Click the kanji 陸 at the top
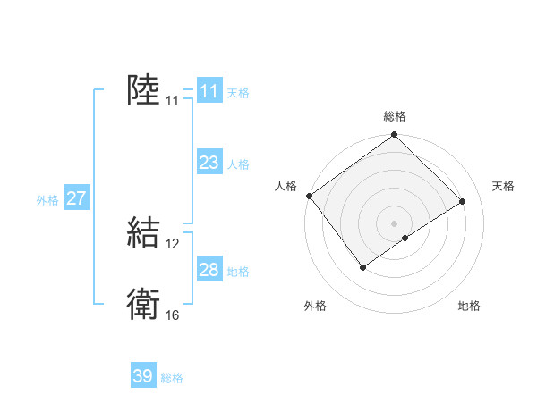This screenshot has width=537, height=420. (x=143, y=91)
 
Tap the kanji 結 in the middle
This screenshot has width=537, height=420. (x=143, y=232)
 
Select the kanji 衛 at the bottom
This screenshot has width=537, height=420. (x=143, y=305)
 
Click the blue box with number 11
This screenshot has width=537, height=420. (x=209, y=91)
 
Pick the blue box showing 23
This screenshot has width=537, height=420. (x=209, y=163)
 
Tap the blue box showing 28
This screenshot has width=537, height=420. (x=209, y=271)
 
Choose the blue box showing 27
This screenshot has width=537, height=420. (x=76, y=198)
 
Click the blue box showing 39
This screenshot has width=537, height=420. (x=143, y=376)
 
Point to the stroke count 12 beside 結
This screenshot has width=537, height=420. (x=173, y=244)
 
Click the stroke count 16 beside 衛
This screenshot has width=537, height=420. (x=173, y=315)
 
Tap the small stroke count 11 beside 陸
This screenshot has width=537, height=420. (x=172, y=102)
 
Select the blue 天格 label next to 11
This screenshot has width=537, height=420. (x=238, y=93)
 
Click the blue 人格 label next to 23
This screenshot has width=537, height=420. (x=238, y=164)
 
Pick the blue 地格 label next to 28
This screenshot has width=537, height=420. (x=238, y=272)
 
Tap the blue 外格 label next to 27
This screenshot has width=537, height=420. (x=47, y=200)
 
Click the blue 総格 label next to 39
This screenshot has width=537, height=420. (x=173, y=378)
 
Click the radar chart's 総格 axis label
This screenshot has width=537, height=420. (x=394, y=116)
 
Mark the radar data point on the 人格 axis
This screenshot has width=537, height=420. (x=309, y=196)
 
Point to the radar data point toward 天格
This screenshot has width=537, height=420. (x=463, y=201)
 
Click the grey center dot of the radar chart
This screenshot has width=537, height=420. (x=394, y=223)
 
